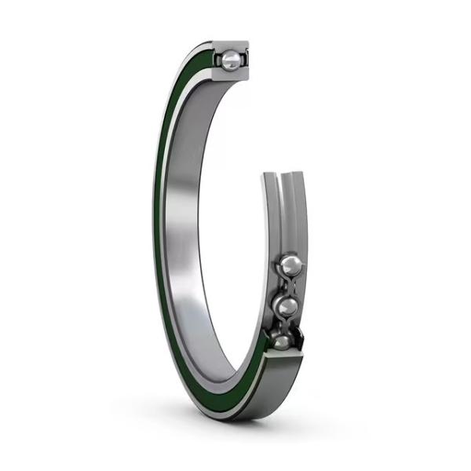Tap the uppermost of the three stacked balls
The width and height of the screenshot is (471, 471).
point(289,264)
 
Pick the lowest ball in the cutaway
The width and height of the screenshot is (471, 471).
point(281,341)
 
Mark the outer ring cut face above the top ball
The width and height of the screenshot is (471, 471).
point(233,46)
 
